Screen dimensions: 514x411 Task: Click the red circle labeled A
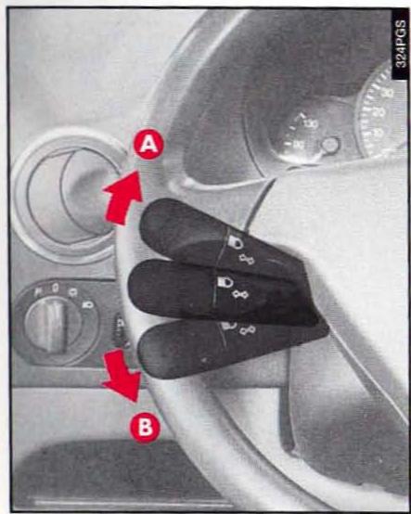coord(148,145)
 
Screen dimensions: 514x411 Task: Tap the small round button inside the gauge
coord(329,145)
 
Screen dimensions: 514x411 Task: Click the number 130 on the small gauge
coord(310,123)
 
